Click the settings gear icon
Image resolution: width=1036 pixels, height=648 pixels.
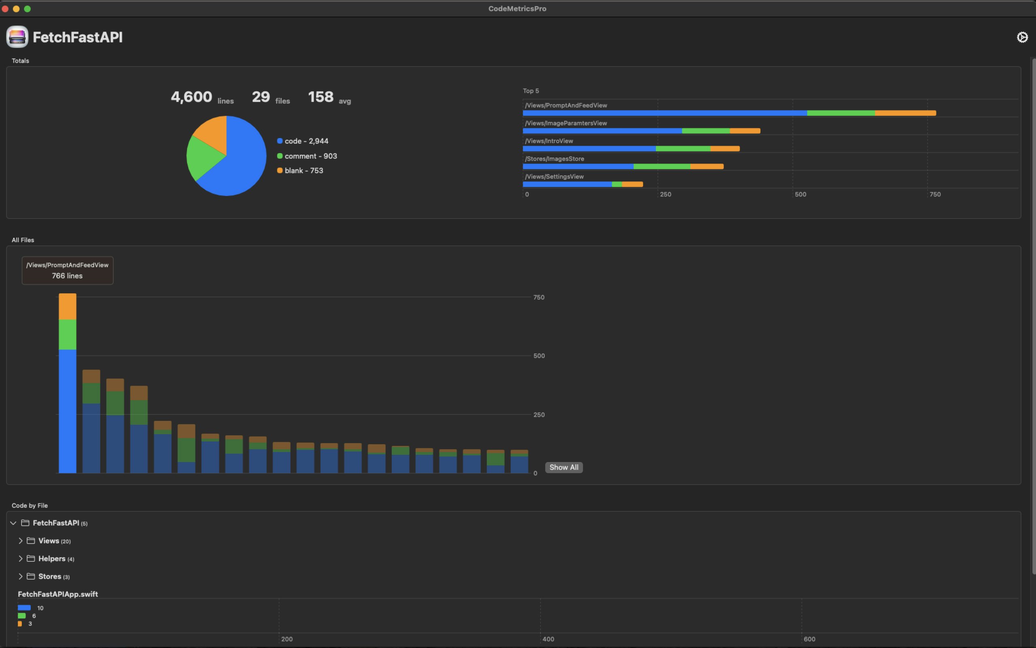click(x=1022, y=37)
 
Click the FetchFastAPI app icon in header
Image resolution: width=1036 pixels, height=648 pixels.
click(x=17, y=37)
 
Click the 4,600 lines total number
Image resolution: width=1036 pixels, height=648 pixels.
click(x=191, y=97)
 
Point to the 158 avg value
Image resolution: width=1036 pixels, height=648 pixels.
click(x=321, y=97)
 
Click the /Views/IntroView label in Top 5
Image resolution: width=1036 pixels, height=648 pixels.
click(x=549, y=141)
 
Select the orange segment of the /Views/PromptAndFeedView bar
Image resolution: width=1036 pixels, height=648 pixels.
click(x=905, y=113)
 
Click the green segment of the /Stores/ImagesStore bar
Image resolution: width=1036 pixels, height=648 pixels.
click(x=661, y=166)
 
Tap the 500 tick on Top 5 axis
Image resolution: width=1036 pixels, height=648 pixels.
click(x=800, y=194)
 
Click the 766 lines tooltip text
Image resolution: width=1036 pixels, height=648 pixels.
click(x=67, y=276)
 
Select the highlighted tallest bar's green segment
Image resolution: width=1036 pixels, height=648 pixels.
click(x=67, y=334)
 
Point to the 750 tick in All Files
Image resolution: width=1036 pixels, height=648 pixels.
click(x=539, y=297)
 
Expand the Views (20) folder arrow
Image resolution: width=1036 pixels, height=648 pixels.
click(x=20, y=541)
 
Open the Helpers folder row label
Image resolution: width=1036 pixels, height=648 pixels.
click(x=52, y=559)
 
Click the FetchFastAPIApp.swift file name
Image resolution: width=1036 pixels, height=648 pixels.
click(x=58, y=595)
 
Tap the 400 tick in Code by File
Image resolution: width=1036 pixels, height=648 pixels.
click(x=548, y=639)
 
